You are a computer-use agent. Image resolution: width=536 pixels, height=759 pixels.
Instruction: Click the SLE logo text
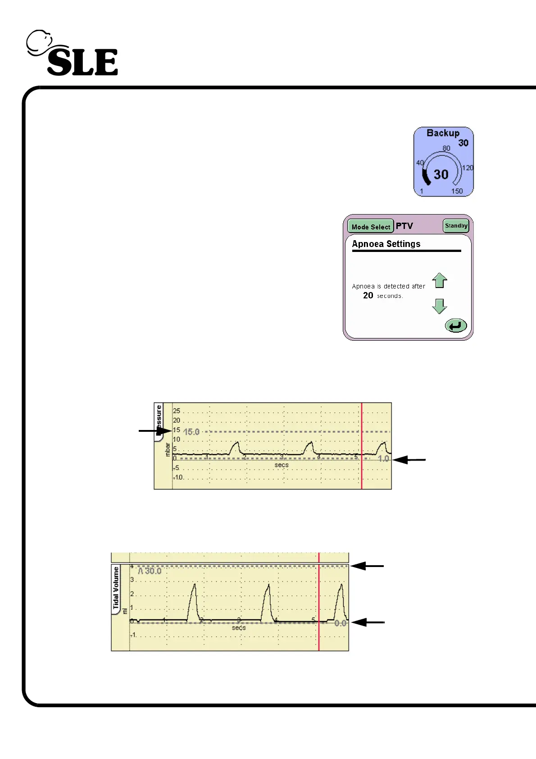click(82, 62)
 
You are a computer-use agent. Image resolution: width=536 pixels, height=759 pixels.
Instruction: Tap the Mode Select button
click(371, 227)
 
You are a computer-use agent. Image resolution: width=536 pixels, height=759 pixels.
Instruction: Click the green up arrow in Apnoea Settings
click(440, 280)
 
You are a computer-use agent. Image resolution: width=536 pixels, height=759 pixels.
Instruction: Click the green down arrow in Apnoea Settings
click(440, 306)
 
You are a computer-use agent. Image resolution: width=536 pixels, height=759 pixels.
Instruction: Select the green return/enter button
click(456, 325)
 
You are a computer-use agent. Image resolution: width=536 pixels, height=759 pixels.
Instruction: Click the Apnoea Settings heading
click(386, 244)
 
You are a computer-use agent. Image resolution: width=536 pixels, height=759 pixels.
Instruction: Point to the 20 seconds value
click(368, 296)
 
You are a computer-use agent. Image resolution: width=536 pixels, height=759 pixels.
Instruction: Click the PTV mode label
click(404, 226)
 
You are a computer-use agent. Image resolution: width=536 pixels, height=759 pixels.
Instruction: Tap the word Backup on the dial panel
click(443, 133)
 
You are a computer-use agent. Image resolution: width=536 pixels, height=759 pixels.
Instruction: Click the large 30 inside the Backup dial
click(441, 174)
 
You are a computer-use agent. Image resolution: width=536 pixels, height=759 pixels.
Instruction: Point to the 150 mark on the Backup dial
click(457, 191)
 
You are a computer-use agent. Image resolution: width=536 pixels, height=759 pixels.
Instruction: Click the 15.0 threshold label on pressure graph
click(191, 432)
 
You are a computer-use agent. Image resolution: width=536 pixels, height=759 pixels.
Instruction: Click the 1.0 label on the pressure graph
click(383, 459)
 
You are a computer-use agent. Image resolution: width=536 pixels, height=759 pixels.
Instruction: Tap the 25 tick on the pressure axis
click(177, 411)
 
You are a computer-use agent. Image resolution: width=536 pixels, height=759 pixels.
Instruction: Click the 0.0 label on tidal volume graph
click(341, 623)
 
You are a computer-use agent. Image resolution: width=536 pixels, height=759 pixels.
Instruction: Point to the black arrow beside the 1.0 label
click(409, 460)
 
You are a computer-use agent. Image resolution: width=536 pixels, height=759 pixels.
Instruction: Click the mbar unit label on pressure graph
click(168, 449)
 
